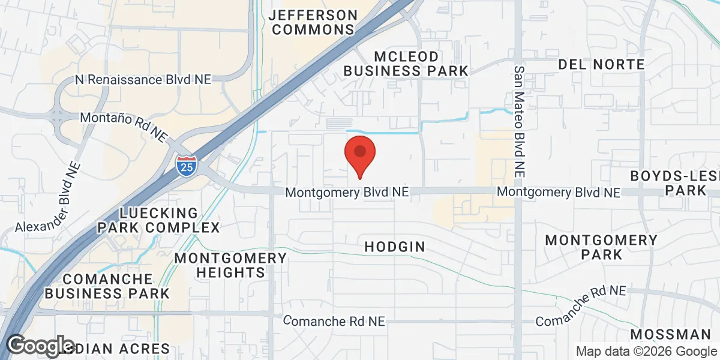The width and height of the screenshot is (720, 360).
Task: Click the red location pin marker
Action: coord(360,154)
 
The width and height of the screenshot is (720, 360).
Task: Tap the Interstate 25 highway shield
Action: coord(186,166)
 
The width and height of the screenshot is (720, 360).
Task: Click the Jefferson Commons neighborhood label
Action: coord(314,22)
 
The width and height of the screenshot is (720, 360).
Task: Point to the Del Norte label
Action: coord(601,64)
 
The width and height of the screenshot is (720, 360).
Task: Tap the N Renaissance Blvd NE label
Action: coord(144,80)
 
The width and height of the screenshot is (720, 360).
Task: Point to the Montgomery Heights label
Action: coord(230,265)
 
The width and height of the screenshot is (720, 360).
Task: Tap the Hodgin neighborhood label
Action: coord(395,247)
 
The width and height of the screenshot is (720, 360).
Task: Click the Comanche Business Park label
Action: coord(107,286)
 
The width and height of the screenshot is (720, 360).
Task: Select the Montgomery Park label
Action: coord(601,247)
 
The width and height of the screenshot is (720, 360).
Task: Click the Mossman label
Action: coord(671,335)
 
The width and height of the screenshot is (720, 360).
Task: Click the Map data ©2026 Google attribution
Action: coord(647,351)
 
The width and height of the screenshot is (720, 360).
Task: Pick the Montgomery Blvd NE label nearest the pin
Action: coord(347,193)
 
